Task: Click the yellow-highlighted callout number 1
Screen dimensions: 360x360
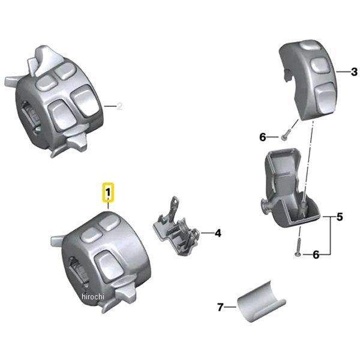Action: click(108, 193)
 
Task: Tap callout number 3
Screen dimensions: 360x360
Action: click(354, 71)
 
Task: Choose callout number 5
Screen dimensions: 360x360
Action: click(339, 217)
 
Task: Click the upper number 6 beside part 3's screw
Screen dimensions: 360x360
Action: click(262, 137)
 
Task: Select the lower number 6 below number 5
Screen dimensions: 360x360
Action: click(316, 255)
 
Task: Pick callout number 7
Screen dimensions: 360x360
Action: click(220, 307)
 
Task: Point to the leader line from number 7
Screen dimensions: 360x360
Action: click(230, 307)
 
